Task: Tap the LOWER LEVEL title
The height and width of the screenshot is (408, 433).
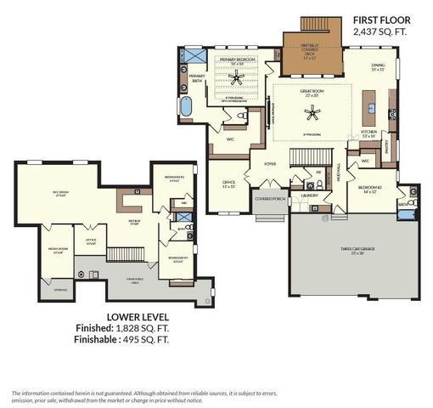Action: coord(134,317)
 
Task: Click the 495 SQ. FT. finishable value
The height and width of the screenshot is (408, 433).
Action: coord(160,339)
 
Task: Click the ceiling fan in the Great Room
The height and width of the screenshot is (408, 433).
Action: coord(313,112)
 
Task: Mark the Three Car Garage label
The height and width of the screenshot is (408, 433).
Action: coord(353,250)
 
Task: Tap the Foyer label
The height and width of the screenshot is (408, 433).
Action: coord(270,163)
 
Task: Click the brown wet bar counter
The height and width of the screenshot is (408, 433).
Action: coord(132,201)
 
